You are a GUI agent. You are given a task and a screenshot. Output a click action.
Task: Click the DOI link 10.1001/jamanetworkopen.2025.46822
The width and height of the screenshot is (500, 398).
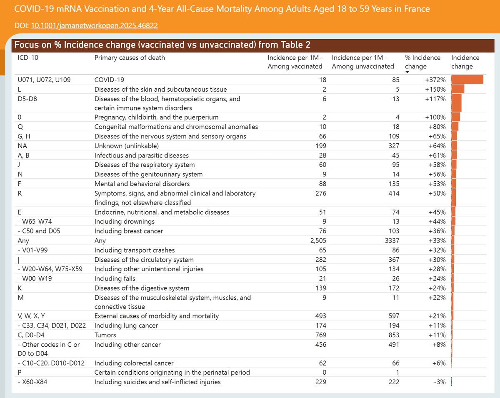94,26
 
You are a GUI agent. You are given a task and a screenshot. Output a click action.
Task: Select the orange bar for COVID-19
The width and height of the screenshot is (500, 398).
467,79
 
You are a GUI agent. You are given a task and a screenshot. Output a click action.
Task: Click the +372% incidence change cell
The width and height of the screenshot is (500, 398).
437,80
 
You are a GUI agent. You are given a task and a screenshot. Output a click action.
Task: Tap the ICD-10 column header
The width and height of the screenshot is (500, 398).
28,58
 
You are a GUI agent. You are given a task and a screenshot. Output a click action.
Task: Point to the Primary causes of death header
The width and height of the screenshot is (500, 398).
130,58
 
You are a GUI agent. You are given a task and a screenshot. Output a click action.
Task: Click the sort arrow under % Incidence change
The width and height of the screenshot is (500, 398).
407,72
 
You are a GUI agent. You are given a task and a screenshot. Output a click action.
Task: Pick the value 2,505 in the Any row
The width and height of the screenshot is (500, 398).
317,240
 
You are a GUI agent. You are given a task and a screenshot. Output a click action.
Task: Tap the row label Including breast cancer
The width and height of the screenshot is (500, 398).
129,231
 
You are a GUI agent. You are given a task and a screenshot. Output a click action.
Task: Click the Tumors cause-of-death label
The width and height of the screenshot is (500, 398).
105,335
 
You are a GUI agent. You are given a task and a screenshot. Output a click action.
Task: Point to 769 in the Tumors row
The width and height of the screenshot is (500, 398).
321,335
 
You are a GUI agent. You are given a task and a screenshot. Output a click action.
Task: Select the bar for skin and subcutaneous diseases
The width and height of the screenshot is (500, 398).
457,89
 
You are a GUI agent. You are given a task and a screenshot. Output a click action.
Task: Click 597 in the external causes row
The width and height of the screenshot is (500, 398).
393,316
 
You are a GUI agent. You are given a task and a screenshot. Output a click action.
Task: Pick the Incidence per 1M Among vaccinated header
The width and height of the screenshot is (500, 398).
295,62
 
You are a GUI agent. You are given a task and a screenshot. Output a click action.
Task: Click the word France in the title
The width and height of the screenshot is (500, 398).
417,9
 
